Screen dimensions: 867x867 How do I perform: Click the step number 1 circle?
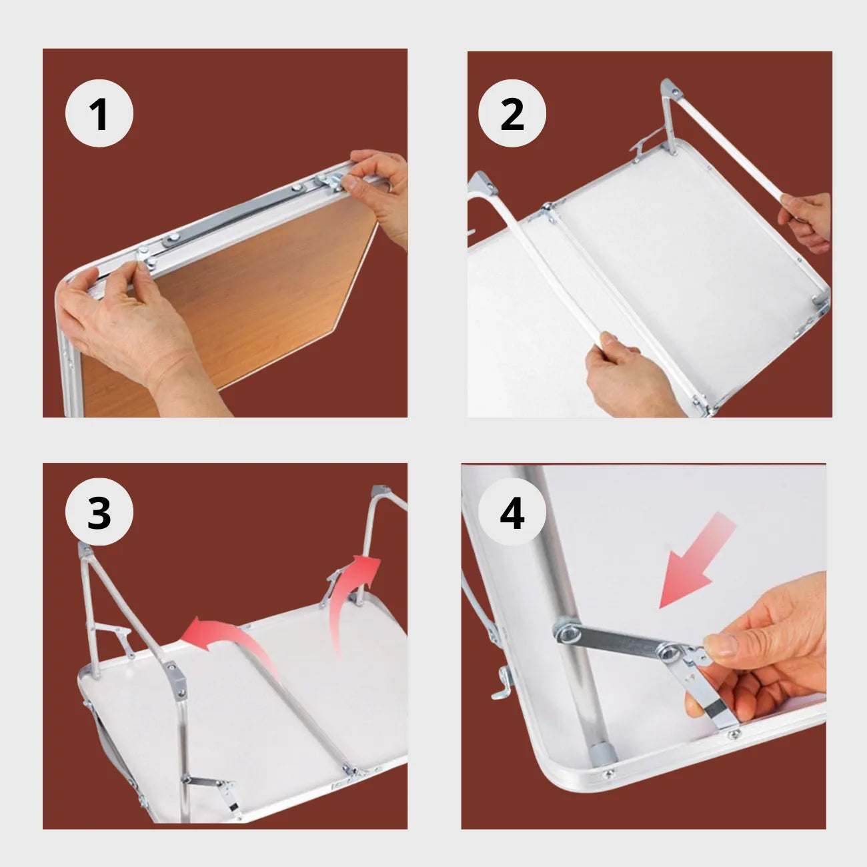tap(99, 113)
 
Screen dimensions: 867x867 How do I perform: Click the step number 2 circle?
tap(512, 113)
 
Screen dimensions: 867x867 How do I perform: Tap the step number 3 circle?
tap(99, 512)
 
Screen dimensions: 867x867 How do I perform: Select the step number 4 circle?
tap(512, 513)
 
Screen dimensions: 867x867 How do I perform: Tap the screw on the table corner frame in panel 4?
tap(608, 774)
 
